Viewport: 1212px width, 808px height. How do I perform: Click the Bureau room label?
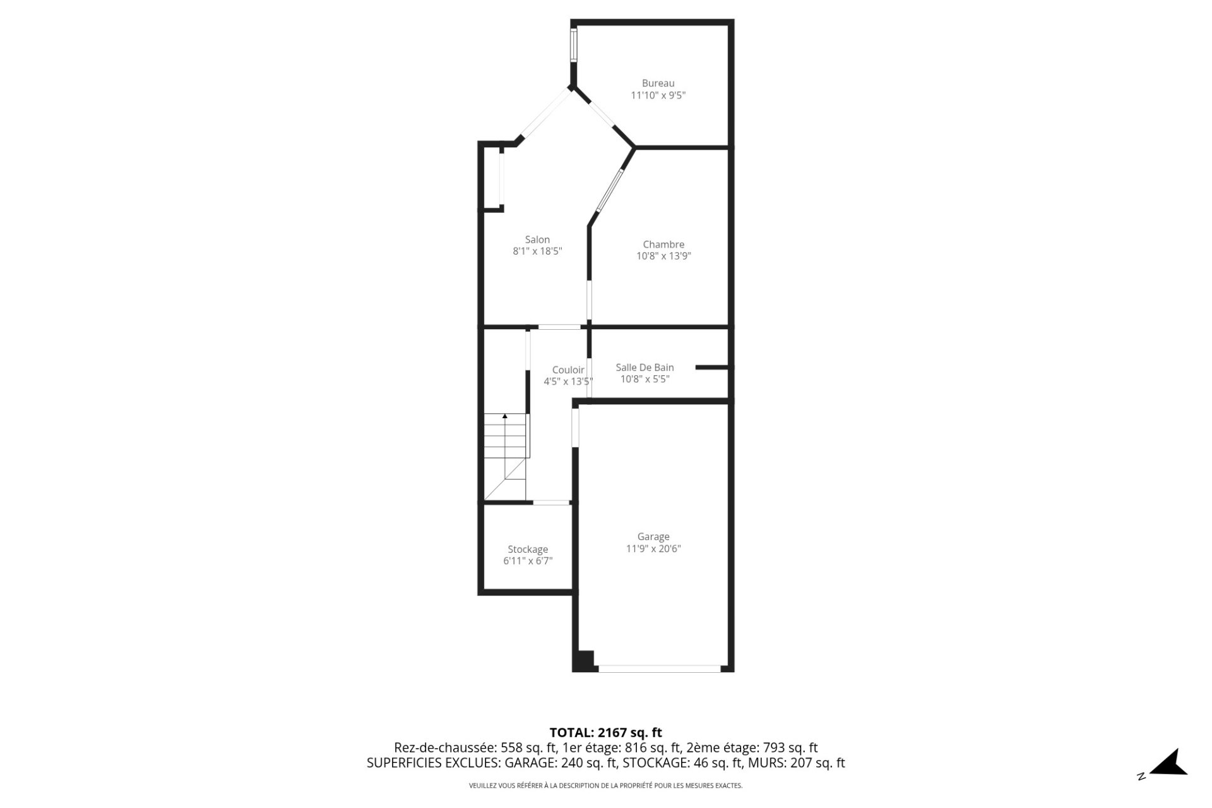(x=658, y=83)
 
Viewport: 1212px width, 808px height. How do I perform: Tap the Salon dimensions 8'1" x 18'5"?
(x=537, y=251)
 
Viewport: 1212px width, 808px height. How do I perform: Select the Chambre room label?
(x=663, y=244)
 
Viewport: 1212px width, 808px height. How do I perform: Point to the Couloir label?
(x=568, y=370)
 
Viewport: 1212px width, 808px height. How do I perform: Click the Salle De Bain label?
(x=645, y=368)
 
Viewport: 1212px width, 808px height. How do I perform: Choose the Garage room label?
(x=653, y=537)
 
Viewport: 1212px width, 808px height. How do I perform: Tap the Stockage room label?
(x=528, y=550)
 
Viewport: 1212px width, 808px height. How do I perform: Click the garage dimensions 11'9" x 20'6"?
(x=653, y=549)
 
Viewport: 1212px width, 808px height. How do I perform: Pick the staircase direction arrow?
(x=505, y=416)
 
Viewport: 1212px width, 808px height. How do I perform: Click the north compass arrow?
(x=1171, y=763)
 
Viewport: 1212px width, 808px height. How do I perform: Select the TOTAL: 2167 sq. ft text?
(x=605, y=733)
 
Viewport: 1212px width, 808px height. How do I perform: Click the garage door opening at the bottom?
(x=659, y=667)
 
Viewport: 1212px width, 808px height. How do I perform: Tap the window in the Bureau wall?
(x=574, y=45)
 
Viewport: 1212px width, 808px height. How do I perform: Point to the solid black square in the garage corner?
(x=583, y=660)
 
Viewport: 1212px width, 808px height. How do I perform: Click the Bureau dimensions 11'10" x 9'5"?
(x=658, y=95)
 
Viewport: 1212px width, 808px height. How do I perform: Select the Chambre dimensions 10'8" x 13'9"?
(x=663, y=256)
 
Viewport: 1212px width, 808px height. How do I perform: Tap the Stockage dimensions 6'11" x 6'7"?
(x=528, y=561)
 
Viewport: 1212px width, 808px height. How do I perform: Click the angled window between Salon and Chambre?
(x=610, y=188)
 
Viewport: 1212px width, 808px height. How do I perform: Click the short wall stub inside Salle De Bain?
(x=712, y=367)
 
